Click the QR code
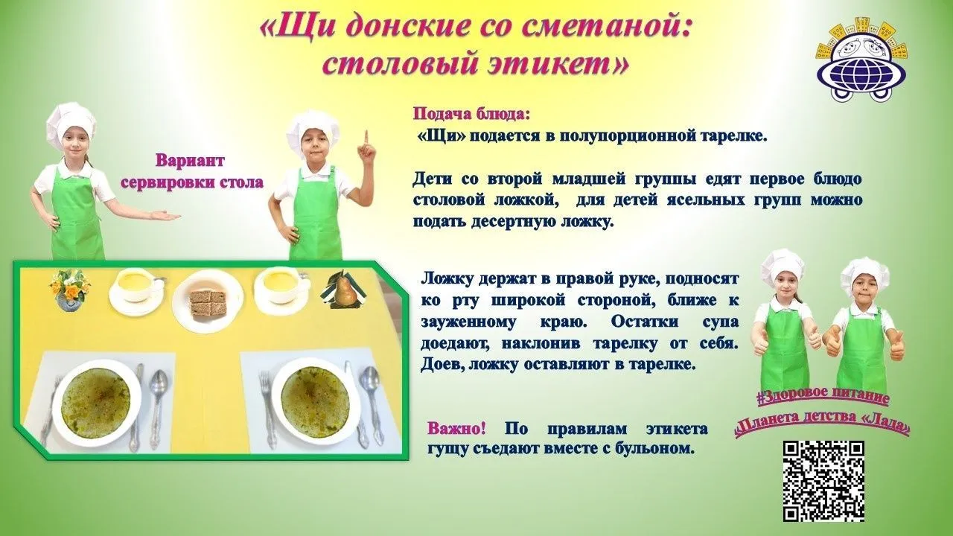point(823,481)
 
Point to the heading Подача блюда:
point(472,115)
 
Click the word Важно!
point(456,428)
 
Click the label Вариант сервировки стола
point(191,172)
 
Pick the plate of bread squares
point(208,300)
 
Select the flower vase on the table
point(70,290)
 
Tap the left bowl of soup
point(96,403)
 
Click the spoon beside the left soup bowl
point(159,404)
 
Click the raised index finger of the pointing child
point(366,139)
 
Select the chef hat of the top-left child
point(71,121)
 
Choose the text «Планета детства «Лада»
point(823,422)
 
